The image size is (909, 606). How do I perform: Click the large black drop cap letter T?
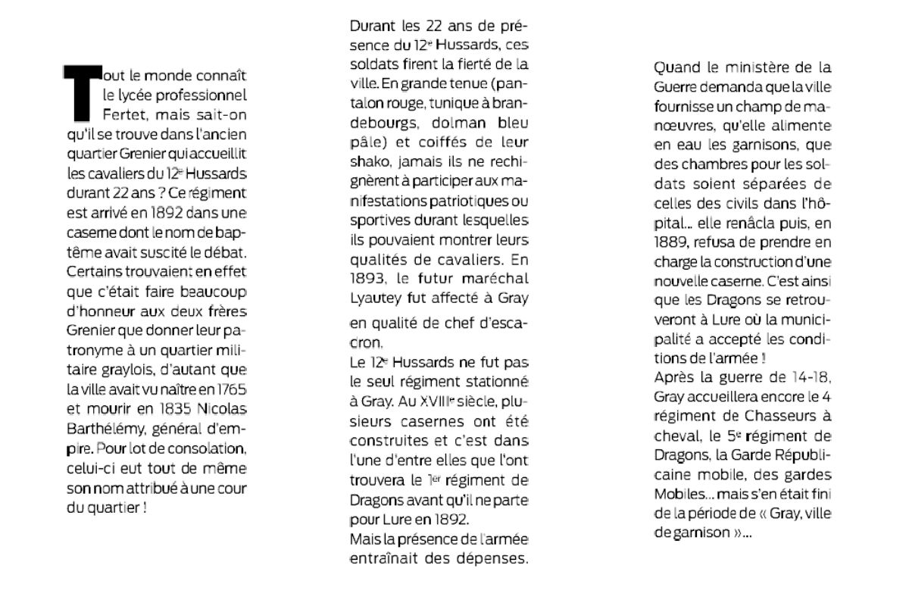click(x=81, y=93)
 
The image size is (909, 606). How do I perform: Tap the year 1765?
click(x=232, y=391)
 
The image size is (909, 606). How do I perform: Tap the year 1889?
click(x=671, y=244)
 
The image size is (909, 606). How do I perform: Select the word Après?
click(x=673, y=377)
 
